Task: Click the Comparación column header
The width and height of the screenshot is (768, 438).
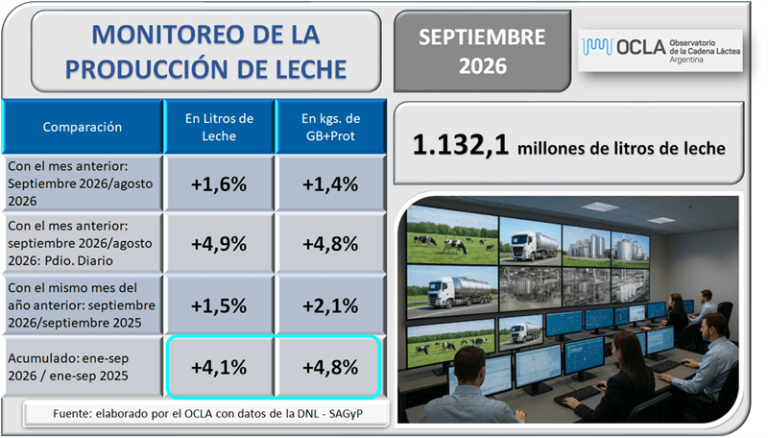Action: [83, 127]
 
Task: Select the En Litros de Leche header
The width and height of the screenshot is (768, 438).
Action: [219, 127]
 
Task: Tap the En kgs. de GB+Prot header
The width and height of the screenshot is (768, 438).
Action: [330, 127]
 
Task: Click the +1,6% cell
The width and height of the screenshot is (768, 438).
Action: [219, 184]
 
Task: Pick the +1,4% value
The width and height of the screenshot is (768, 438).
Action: [330, 184]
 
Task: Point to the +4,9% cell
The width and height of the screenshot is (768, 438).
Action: [219, 244]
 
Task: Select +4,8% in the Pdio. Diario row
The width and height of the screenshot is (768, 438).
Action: [330, 244]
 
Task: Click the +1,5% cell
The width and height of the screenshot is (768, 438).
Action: [219, 305]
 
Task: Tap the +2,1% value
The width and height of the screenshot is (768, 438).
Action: [330, 305]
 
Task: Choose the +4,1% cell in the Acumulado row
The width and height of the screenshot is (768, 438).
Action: [219, 367]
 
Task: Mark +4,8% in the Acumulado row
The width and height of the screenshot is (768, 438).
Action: [330, 367]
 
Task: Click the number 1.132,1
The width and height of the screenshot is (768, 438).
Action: [461, 145]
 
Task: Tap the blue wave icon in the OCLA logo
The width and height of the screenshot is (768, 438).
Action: [597, 47]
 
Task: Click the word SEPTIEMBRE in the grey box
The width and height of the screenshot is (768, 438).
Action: [482, 37]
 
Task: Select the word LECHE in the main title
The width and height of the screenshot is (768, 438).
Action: [311, 69]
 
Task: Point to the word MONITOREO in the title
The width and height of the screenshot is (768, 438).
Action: [165, 35]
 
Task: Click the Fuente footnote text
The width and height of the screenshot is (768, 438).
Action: [207, 413]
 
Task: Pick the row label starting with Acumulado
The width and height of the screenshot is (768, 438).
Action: [68, 367]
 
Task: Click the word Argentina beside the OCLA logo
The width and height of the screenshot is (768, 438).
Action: [686, 60]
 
